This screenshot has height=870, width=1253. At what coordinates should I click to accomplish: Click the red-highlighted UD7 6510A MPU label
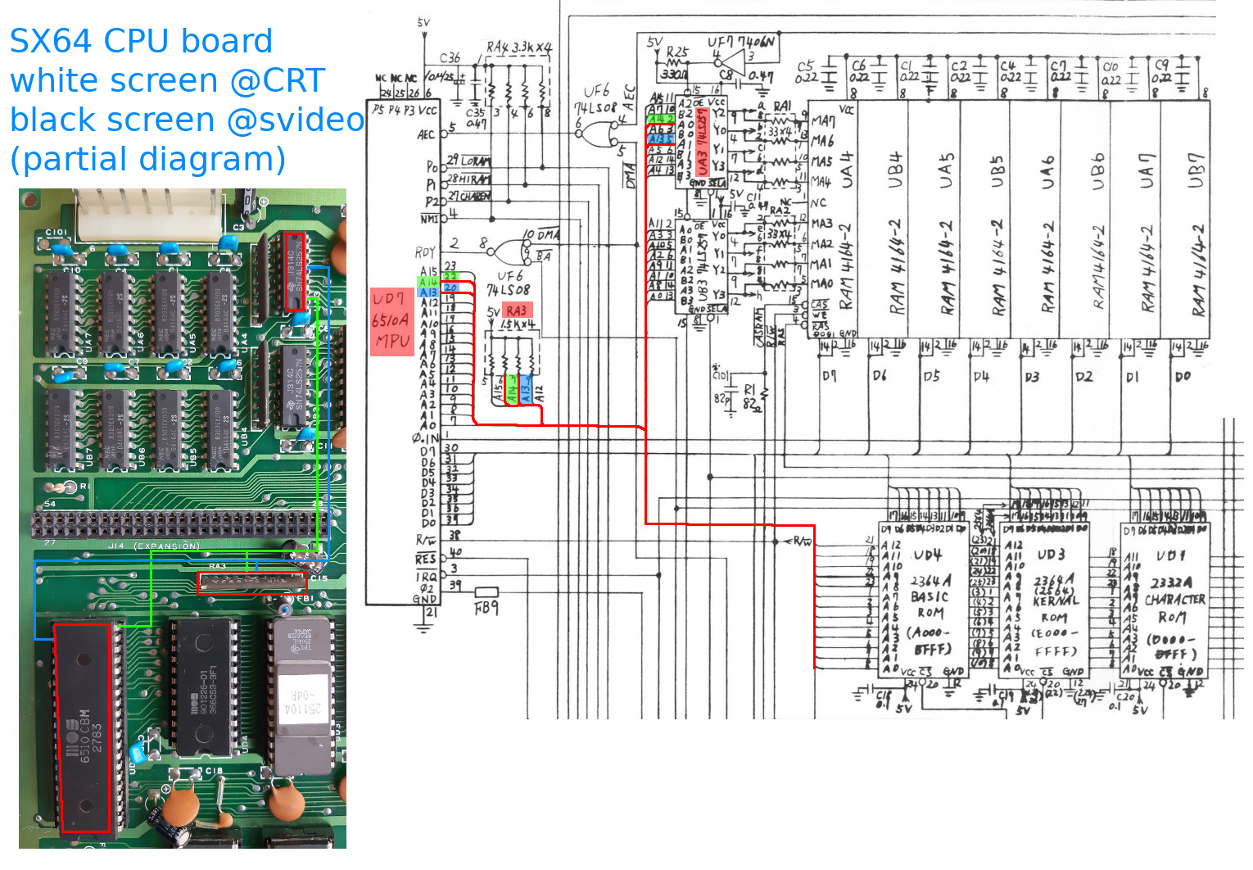click(391, 321)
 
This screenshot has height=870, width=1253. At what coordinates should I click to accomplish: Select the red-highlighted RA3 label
click(517, 310)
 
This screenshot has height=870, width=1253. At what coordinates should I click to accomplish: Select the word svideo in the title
click(311, 120)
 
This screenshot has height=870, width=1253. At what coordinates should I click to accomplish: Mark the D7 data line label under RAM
click(829, 376)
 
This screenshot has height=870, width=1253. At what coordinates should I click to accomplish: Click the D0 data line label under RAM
click(1183, 376)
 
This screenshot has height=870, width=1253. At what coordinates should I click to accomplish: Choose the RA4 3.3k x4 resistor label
click(520, 47)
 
